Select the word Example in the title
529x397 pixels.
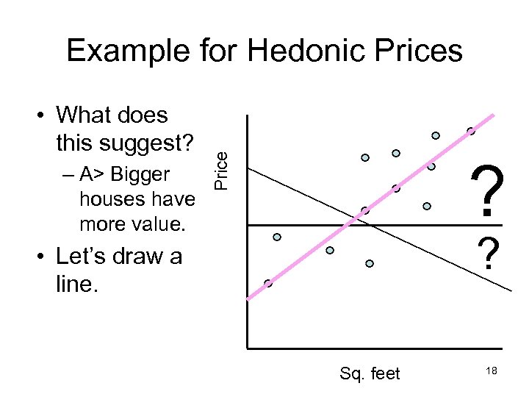[127, 51]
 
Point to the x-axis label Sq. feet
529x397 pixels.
[370, 373]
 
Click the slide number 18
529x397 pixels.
[492, 372]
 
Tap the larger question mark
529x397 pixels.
[489, 190]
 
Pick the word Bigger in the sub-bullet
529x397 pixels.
[140, 175]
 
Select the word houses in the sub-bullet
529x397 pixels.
[105, 199]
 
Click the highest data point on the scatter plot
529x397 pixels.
[471, 131]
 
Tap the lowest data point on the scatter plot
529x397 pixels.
[268, 283]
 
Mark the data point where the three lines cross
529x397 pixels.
[364, 211]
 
